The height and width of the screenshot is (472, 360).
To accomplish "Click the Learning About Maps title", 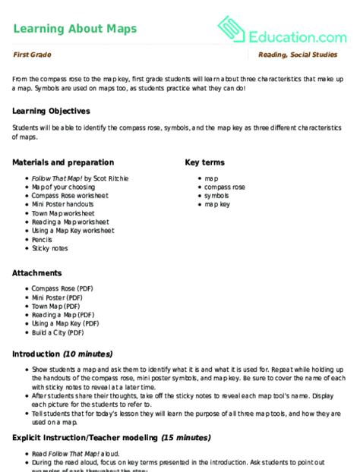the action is click(x=75, y=29).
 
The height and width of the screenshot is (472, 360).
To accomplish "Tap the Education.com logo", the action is click(x=282, y=31).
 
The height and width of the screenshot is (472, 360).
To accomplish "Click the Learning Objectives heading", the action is click(x=51, y=111).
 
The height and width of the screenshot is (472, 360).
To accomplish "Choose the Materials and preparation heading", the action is click(x=63, y=162).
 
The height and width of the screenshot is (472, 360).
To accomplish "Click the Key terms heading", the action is click(x=204, y=162).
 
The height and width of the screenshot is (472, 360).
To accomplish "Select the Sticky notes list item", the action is click(x=49, y=248).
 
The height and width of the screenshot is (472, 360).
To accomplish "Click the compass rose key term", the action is click(x=224, y=187).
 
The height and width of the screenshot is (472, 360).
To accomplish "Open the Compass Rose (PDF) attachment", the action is click(x=64, y=288).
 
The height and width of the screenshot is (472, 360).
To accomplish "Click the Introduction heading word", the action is click(x=36, y=354).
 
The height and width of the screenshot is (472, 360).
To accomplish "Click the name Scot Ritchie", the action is click(x=112, y=178).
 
